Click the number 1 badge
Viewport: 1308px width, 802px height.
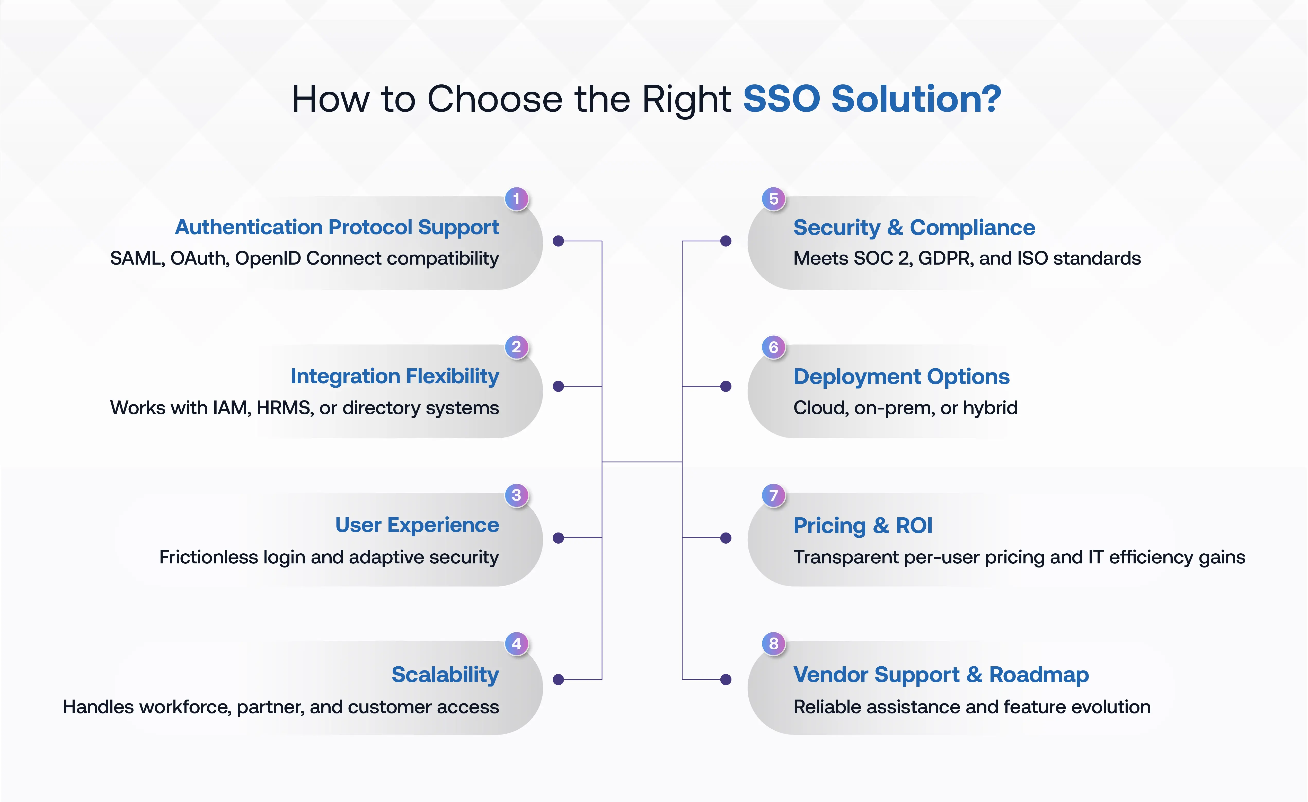coord(516,199)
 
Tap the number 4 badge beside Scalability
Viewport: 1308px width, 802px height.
coord(516,644)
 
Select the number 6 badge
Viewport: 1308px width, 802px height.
coord(773,347)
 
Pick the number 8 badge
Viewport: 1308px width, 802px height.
coord(773,644)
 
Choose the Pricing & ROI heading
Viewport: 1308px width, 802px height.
coord(863,525)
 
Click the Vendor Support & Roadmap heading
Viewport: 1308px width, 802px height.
coord(941,675)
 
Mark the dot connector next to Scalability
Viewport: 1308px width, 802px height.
coord(558,679)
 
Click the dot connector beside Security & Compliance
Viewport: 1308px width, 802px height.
coord(726,241)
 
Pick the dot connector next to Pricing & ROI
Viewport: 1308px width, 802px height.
coord(726,538)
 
